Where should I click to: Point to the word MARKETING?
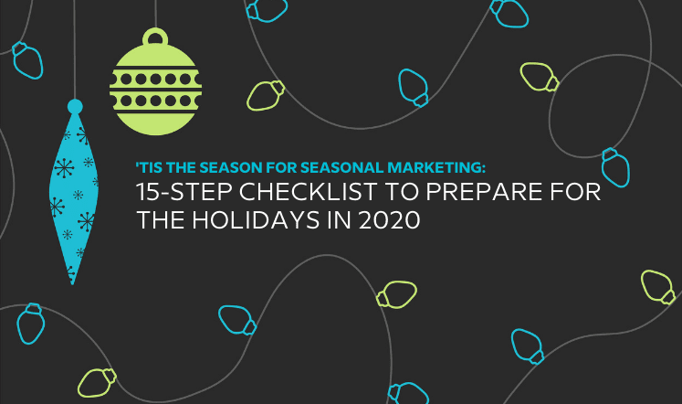point(436,167)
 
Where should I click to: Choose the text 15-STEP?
point(185,192)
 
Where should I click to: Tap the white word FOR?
point(575,192)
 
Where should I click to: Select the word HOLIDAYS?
point(256,219)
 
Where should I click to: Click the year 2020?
point(389,219)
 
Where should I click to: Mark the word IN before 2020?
point(340,219)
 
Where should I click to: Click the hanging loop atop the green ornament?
point(155,30)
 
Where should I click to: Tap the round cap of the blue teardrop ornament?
point(75,107)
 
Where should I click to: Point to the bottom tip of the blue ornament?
point(73,284)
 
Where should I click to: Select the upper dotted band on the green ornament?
point(155,79)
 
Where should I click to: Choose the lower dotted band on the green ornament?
point(155,101)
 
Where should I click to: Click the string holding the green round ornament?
point(155,14)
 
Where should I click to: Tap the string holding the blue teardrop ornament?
point(74,49)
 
